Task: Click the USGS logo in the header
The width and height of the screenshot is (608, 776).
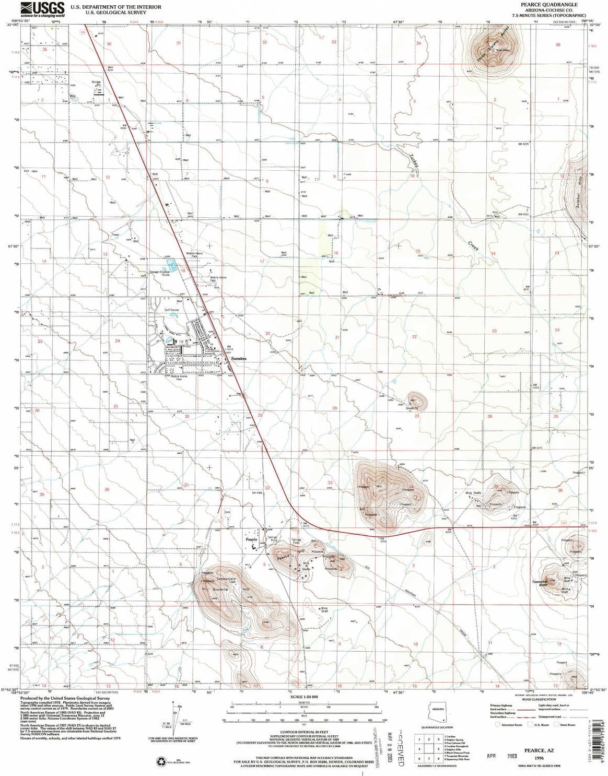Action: [x=42, y=9]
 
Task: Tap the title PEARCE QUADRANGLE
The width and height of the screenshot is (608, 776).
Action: [x=541, y=4]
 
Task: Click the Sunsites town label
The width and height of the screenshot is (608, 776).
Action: [x=239, y=359]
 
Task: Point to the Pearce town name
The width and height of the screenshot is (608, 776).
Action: [x=252, y=539]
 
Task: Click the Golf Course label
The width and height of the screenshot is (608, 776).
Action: [x=172, y=310]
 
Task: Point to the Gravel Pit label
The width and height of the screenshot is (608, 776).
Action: [x=413, y=408]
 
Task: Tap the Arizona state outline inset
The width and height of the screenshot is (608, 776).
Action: [x=438, y=711]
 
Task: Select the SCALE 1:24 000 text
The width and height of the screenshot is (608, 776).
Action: [x=304, y=697]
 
